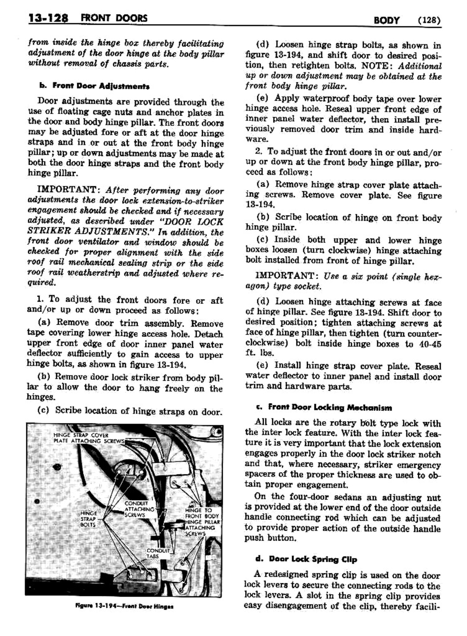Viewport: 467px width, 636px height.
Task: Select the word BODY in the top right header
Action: (386, 20)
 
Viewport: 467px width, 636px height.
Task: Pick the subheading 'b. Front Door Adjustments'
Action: (94, 86)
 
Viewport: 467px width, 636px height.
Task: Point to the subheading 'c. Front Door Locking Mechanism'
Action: (330, 407)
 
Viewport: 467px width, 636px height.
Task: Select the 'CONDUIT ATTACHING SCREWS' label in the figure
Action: (138, 509)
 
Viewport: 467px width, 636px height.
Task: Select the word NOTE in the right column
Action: (375, 66)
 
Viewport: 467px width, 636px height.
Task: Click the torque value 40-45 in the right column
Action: (428, 344)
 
